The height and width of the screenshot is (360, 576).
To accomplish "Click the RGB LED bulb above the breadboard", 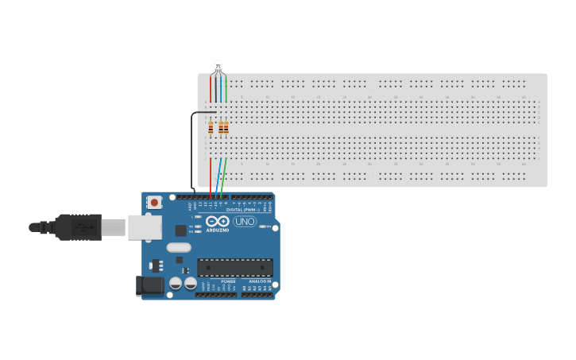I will (x=218, y=65).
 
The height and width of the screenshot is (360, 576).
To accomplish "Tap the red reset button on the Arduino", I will (x=154, y=203).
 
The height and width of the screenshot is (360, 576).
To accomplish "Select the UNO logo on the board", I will (x=245, y=221).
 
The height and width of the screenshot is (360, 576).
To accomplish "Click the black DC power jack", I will (x=148, y=285).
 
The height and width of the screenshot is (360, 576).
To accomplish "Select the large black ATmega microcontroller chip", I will (x=234, y=268).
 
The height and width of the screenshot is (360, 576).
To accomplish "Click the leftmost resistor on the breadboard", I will (x=211, y=127).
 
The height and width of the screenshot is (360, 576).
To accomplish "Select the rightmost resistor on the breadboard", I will (x=226, y=127).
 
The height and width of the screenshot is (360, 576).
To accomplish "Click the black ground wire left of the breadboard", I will (x=191, y=151).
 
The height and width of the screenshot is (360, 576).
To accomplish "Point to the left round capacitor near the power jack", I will (x=174, y=282).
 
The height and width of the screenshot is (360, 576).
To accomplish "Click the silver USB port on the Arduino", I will (x=145, y=227).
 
